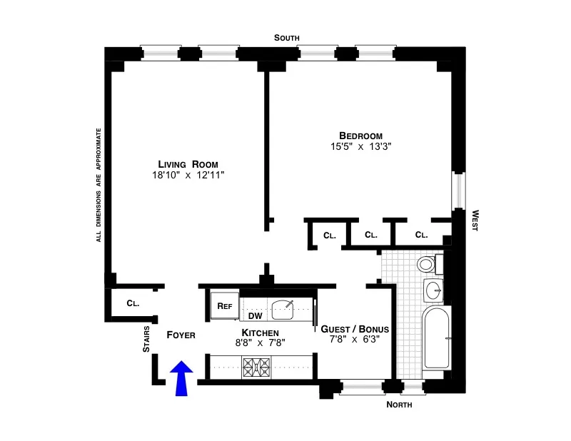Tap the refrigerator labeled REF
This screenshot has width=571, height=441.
(x=225, y=305)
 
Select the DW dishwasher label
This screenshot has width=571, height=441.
(x=255, y=315)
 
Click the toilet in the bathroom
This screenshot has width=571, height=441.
(x=426, y=265)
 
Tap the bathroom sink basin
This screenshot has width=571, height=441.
(x=433, y=290)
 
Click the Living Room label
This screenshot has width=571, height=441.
(x=188, y=164)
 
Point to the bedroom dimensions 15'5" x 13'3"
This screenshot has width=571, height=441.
(x=360, y=146)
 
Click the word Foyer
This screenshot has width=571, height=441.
(x=181, y=334)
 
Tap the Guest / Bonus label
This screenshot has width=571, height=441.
(x=355, y=329)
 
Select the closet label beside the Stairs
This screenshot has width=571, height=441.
(x=133, y=303)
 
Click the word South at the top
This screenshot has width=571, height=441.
(x=288, y=38)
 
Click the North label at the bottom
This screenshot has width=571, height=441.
(x=399, y=405)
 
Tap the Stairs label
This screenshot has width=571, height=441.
(x=147, y=338)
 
